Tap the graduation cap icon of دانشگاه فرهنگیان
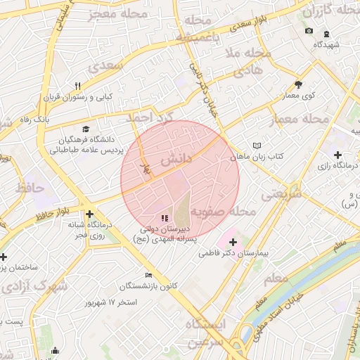point(86,129)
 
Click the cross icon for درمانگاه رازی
point(338,155)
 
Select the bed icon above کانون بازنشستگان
point(148,275)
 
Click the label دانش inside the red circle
point(176,160)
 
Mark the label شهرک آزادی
point(34,287)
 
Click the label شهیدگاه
point(327,44)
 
